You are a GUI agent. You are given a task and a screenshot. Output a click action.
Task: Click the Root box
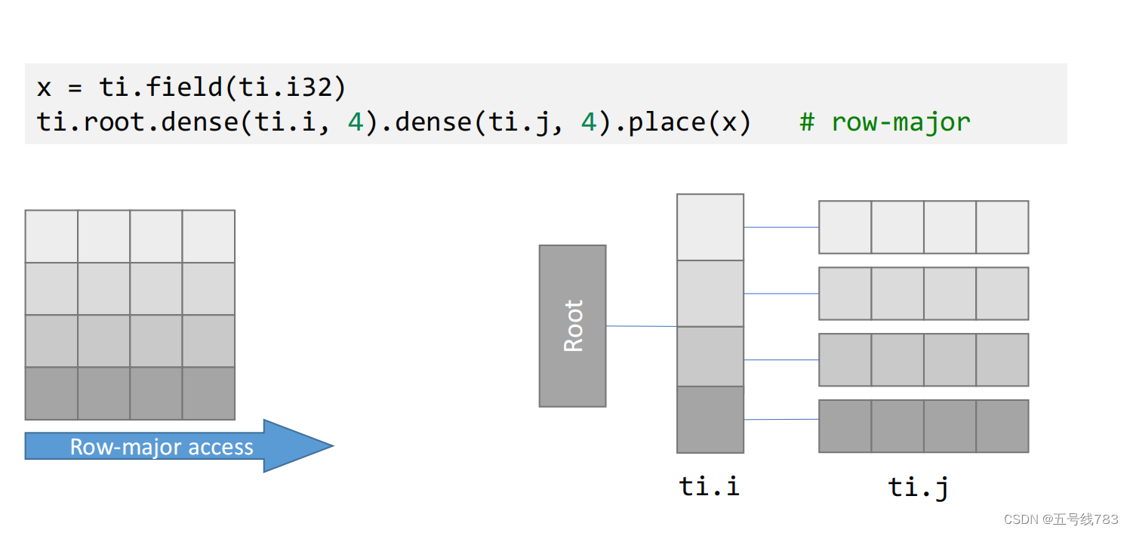[x=572, y=325]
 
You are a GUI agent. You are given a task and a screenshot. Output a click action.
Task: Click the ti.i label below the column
[x=710, y=486]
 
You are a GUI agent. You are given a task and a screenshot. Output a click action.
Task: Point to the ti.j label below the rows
[x=919, y=487]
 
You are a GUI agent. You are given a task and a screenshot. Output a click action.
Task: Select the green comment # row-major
[x=885, y=122]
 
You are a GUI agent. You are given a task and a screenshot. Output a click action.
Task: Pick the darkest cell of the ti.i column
[x=710, y=419]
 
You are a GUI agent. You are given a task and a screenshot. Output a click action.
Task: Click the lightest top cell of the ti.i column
[x=710, y=227]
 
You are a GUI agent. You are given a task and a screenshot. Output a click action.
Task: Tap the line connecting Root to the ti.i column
[x=641, y=326]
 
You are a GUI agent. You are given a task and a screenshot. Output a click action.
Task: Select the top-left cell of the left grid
[x=51, y=236]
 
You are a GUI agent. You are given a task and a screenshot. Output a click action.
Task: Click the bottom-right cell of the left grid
[x=208, y=393]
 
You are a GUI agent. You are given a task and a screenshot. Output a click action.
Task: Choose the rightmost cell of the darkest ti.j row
[x=1002, y=426]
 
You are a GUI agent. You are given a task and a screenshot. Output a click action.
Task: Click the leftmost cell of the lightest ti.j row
[x=845, y=227]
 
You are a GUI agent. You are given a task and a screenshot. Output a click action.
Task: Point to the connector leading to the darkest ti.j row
[x=781, y=419]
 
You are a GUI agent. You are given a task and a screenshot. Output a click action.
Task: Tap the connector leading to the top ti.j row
[x=781, y=227]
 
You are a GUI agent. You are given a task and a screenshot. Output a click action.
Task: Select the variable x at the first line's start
[x=45, y=88]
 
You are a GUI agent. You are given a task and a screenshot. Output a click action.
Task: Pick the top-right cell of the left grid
[x=208, y=236]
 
